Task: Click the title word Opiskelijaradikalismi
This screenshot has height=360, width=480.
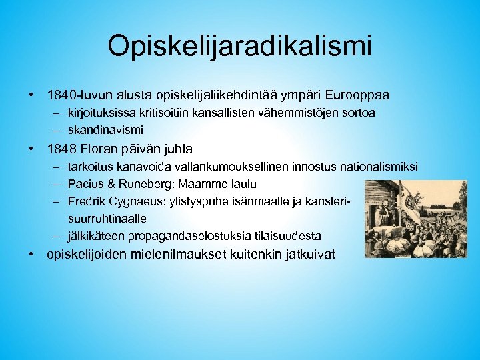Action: pos(239,47)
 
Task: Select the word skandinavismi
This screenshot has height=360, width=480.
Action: pos(105,129)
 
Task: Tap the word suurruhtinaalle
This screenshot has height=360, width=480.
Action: pos(107,218)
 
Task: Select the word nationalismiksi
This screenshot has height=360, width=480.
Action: pos(379,166)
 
